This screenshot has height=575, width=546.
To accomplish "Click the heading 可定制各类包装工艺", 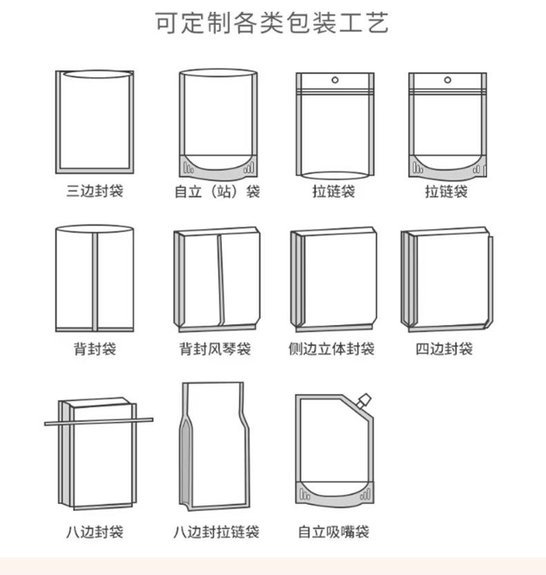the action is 272,23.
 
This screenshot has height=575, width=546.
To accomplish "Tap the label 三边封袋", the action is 95,191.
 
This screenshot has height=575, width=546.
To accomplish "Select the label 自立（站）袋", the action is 218,191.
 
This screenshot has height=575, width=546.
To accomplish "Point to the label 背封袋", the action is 95,349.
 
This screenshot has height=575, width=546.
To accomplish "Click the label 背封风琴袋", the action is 215,349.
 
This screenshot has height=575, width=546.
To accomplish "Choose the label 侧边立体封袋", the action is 331,349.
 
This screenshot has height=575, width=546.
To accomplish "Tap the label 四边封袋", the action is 444,349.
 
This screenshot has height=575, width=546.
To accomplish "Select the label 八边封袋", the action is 95,532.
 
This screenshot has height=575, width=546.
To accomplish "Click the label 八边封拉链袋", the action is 216,532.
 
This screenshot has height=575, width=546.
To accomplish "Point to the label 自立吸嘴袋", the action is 333,532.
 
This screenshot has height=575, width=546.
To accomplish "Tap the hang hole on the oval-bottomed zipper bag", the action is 335,79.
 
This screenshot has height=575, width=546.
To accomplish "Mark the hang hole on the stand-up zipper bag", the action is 448,79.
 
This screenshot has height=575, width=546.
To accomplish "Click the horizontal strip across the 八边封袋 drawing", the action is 99,422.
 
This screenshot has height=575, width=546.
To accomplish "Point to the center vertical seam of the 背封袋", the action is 95,282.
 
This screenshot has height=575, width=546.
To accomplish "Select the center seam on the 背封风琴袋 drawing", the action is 220,280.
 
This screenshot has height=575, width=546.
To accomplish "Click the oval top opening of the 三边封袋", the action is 97,74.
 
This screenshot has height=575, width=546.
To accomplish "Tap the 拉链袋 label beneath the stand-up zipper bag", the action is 446,191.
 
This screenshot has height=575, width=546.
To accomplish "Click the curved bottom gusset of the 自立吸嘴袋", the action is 335,494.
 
